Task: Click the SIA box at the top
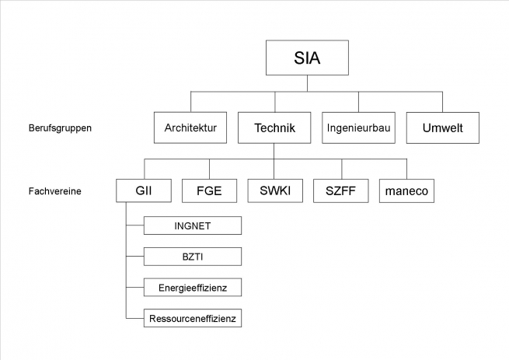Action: point(307,58)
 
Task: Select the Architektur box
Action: point(190,128)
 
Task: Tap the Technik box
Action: point(274,128)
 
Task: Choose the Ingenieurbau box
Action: point(359,128)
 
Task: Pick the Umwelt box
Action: point(443,128)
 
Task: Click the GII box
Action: point(144,190)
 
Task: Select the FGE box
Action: point(209,190)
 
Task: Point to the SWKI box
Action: point(275,190)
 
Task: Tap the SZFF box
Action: point(341,190)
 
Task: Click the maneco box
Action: point(406,190)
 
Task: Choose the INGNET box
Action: point(193,225)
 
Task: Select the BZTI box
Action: point(193,257)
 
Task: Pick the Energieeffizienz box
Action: point(193,287)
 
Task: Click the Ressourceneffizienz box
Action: point(193,318)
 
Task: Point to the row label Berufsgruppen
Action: point(60,128)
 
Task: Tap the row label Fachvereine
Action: point(55,191)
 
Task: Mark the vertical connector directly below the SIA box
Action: point(307,83)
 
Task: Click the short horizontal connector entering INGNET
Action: point(135,225)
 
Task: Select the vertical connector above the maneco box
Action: point(406,169)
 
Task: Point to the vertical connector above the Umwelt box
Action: point(442,102)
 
